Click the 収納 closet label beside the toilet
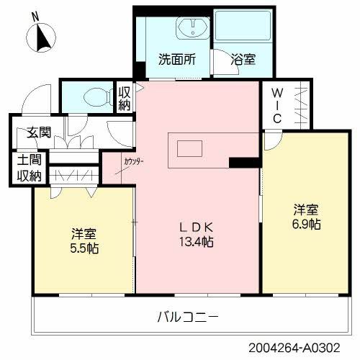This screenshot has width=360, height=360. click(x=124, y=99)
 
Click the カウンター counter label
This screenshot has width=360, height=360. click(x=133, y=161)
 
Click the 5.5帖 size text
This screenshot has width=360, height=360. click(x=85, y=248)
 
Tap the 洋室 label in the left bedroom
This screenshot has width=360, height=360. click(x=84, y=234)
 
